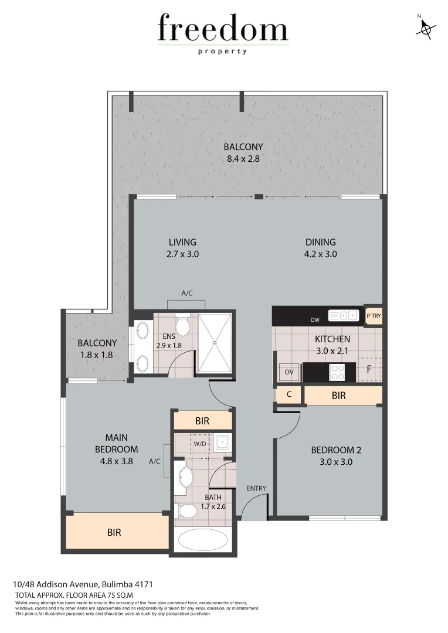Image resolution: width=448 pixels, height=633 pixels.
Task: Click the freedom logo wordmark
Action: tap(223, 29)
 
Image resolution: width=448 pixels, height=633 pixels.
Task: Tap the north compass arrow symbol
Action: tap(426, 28)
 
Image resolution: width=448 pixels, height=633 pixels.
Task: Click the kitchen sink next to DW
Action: tap(344, 316)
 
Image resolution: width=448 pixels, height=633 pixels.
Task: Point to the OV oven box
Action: tap(289, 372)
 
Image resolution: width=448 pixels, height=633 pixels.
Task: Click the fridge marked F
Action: tap(369, 370)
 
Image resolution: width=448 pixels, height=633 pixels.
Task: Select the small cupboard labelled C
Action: tap(289, 395)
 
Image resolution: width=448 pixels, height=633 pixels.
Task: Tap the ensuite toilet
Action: tap(182, 326)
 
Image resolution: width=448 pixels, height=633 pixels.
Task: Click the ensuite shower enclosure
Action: tap(215, 343)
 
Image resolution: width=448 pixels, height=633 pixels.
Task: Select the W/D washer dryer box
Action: tap(199, 444)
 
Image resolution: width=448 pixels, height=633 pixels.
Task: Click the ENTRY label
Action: tap(256, 488)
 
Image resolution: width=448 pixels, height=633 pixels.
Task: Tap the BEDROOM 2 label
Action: tap(335, 450)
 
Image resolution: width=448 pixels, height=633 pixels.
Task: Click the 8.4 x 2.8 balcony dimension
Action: tap(243, 158)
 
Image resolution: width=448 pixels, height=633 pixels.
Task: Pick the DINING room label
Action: tap(320, 242)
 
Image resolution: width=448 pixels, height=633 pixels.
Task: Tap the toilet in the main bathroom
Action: tap(187, 511)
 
